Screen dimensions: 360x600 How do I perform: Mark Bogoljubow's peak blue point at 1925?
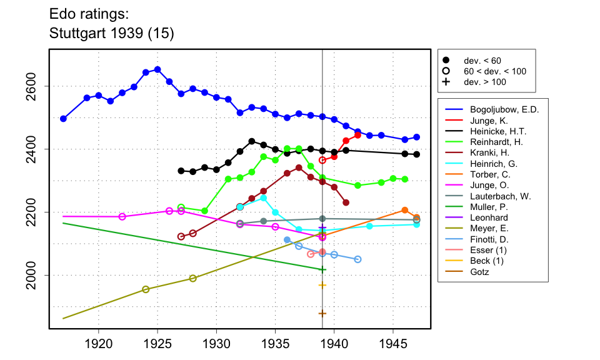click(157, 69)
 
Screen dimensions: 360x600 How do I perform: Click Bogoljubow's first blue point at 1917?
click(63, 119)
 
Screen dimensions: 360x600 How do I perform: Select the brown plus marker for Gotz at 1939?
click(322, 314)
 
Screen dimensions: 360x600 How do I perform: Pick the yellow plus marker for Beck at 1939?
click(322, 285)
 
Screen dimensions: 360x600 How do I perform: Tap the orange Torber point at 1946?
click(405, 210)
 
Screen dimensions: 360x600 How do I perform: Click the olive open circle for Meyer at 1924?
click(146, 289)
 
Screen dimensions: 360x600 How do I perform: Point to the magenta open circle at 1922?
click(122, 217)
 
